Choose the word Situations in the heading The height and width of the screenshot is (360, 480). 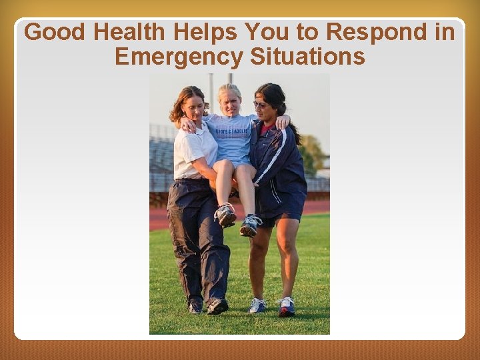pyautogui.click(x=308, y=57)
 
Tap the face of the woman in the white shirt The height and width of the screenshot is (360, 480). pyautogui.click(x=193, y=106)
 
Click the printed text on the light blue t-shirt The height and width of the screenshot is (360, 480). pyautogui.click(x=231, y=131)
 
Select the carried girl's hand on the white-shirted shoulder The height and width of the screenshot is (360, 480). pyautogui.click(x=187, y=124)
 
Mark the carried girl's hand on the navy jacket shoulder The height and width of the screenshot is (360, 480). pyautogui.click(x=283, y=121)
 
